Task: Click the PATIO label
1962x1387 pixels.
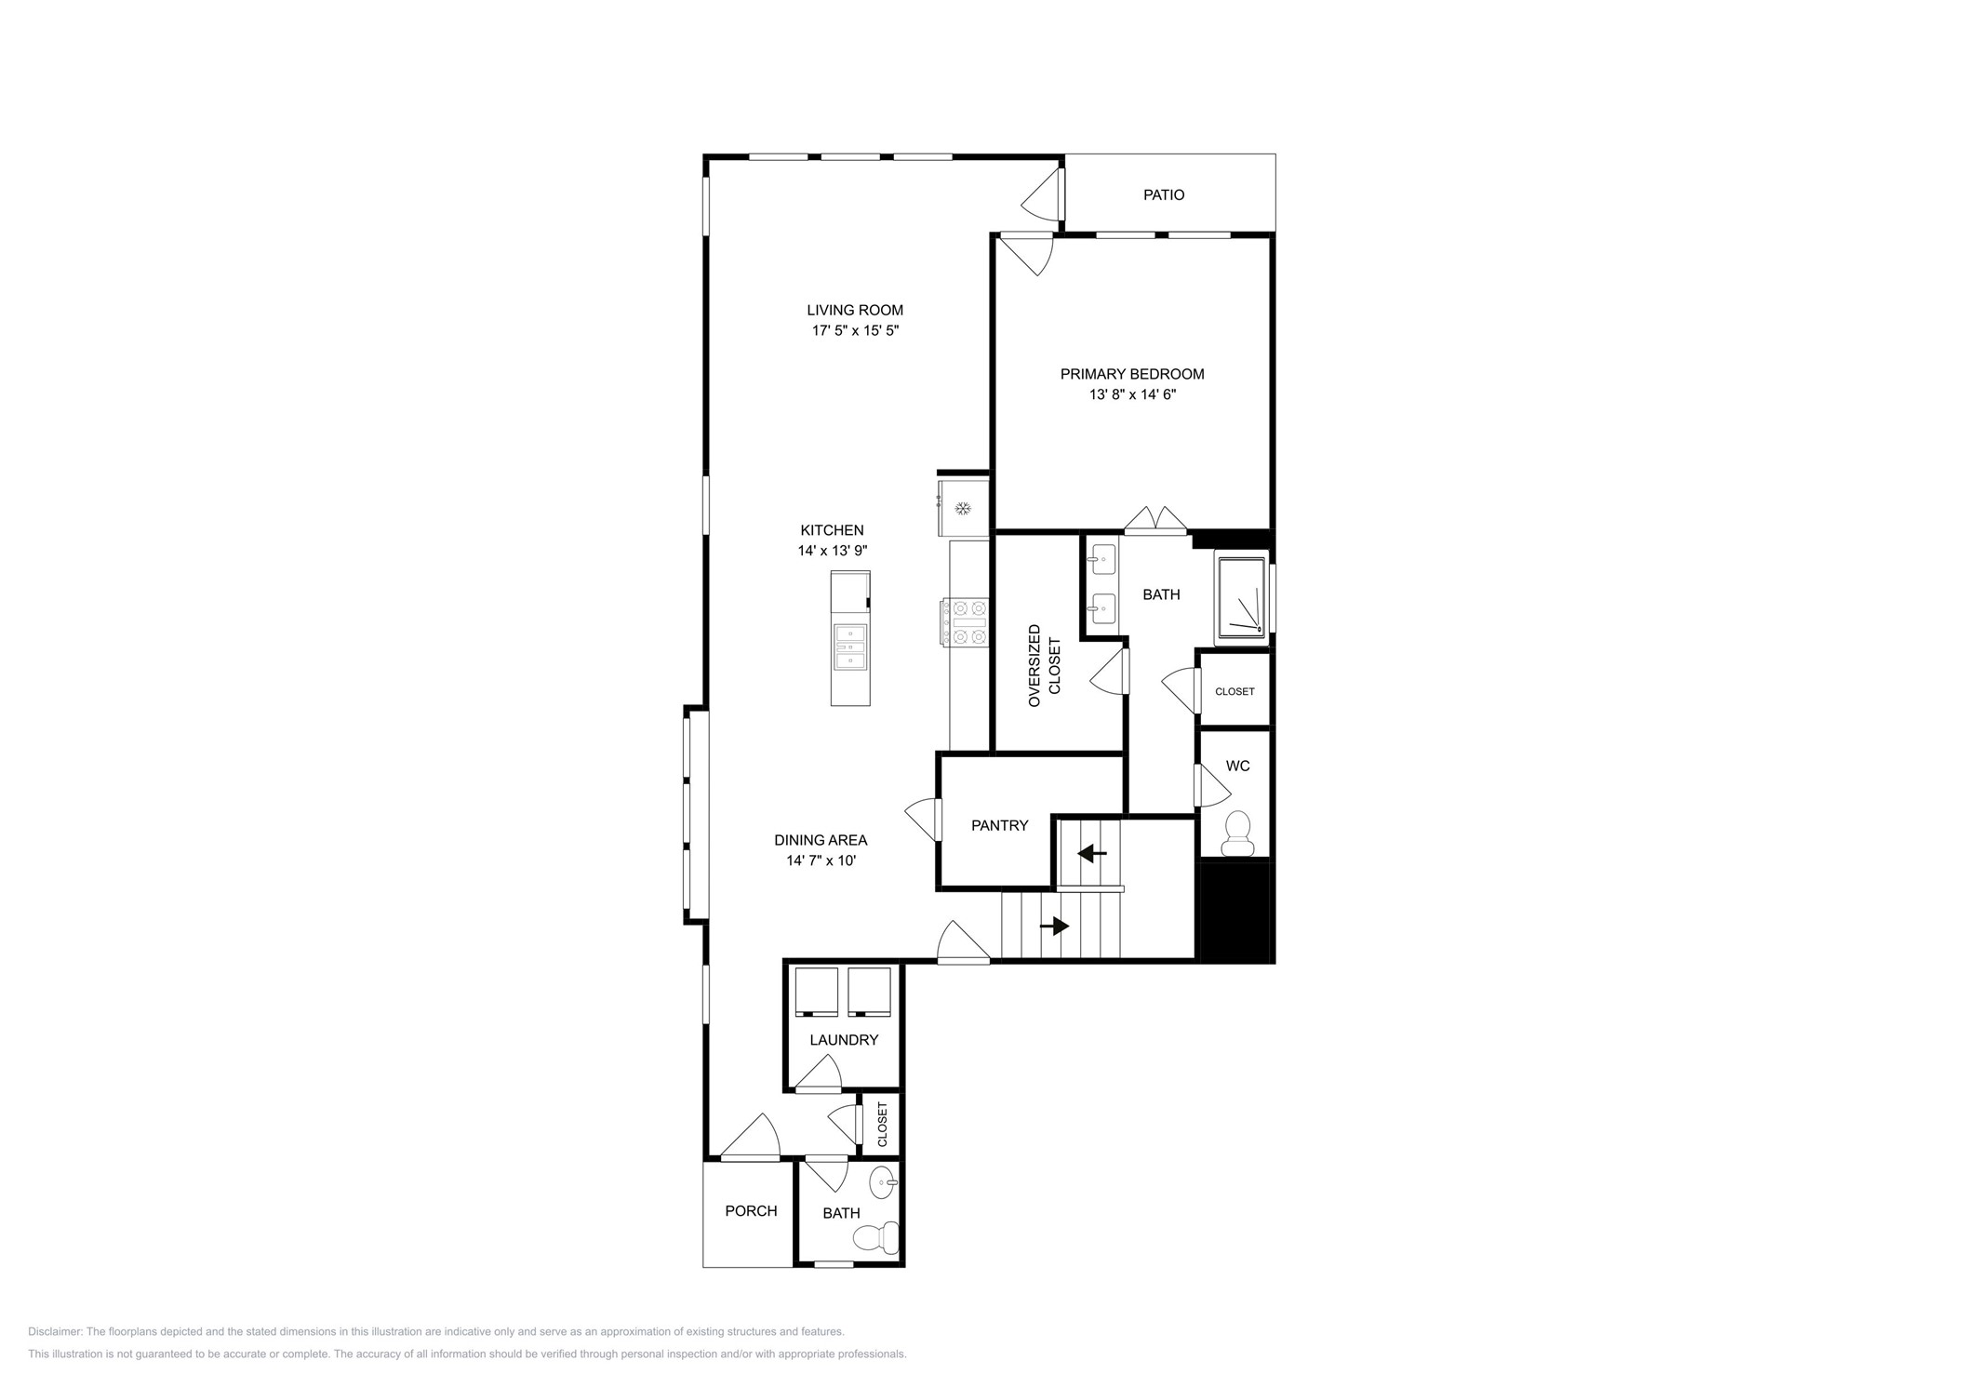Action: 1163,195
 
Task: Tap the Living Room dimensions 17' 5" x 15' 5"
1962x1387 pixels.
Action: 855,330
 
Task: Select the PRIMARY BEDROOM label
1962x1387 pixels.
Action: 1131,374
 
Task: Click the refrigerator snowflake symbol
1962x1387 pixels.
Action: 964,508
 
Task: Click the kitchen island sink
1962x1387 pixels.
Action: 850,647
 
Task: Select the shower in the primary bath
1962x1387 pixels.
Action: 1241,598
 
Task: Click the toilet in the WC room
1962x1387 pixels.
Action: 1236,833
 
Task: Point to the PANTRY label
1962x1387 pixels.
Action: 999,825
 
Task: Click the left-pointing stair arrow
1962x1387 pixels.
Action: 1092,853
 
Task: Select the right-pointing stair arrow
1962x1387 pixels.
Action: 1055,927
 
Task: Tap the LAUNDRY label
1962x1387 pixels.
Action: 843,1040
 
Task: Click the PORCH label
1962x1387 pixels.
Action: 751,1211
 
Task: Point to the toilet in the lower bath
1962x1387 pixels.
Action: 875,1237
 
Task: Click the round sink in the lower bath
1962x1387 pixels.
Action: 883,1183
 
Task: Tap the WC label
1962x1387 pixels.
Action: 1237,767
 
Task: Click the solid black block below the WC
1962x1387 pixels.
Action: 1234,912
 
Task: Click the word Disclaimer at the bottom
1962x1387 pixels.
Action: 54,1332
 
